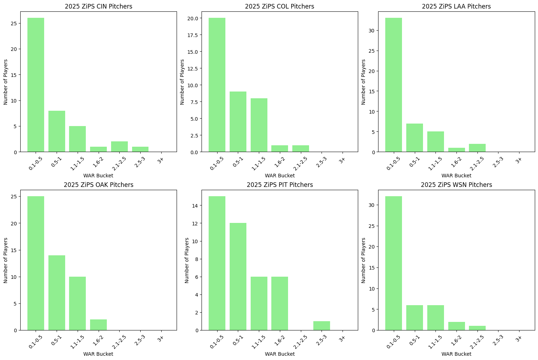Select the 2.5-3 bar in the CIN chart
140,150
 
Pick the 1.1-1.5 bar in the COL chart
259,125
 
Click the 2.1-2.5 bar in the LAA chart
477,148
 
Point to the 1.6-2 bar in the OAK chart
98,325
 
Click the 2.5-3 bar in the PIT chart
322,326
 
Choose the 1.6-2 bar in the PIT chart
280,303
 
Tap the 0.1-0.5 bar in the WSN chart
393,263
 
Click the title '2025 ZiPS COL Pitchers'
280,6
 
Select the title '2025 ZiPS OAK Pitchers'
99,185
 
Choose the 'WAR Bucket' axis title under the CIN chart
98,176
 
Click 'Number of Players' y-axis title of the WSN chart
363,260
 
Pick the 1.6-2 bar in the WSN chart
456,326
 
